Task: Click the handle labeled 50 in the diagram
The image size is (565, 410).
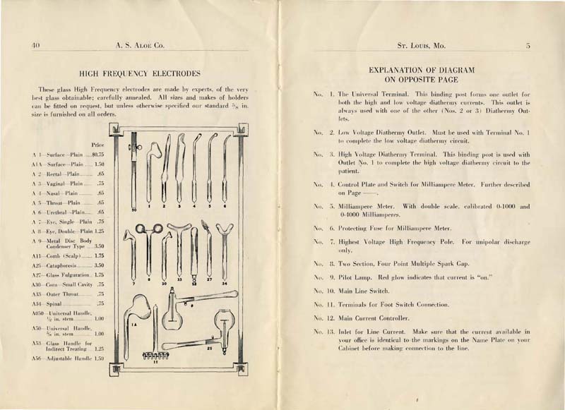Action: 133,173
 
